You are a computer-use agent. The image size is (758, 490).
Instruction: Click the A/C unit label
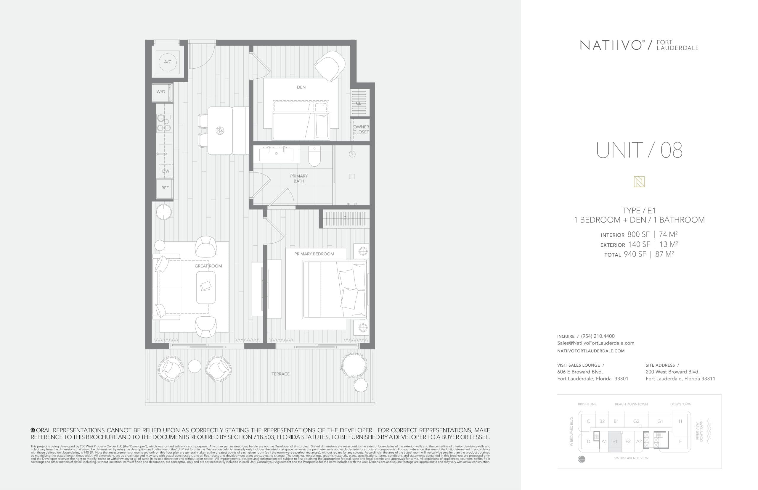[x=168, y=62]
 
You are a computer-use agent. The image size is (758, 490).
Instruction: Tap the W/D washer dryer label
[x=161, y=92]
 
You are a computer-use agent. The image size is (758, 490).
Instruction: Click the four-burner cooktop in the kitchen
[x=164, y=123]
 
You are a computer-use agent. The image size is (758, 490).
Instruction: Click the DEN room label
[x=301, y=87]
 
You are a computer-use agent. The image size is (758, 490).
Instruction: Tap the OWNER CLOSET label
[x=361, y=130]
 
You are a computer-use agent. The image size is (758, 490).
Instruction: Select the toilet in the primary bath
[x=314, y=157]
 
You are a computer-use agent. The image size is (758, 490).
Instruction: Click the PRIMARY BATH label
[x=299, y=178]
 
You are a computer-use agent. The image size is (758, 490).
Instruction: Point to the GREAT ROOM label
[x=208, y=266]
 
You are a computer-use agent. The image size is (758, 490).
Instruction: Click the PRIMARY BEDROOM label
[x=314, y=254]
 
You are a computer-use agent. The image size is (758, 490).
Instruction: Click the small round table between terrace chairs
[x=195, y=366]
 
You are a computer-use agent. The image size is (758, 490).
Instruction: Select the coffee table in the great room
[x=206, y=287]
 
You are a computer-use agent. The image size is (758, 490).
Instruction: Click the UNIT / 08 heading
[x=639, y=151]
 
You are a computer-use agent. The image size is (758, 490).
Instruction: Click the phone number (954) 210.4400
[x=598, y=336]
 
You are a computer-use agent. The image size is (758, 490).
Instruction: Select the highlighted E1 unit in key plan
[x=614, y=441]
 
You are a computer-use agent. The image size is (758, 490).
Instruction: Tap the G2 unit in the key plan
[x=636, y=421]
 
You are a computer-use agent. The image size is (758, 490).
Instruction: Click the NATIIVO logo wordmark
[x=611, y=46]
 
